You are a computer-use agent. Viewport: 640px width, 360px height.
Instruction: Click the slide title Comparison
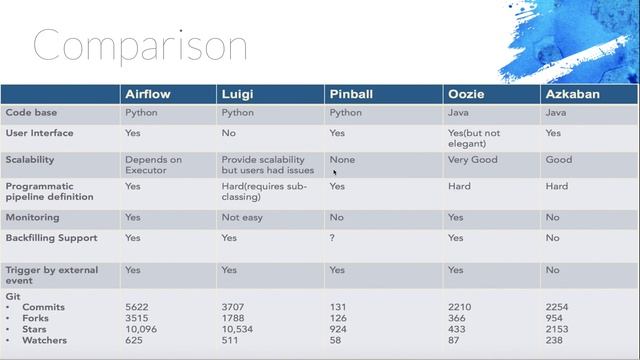click(x=140, y=45)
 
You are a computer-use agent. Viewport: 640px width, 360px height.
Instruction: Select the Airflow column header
click(x=146, y=94)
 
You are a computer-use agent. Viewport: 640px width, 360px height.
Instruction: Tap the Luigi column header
click(x=237, y=94)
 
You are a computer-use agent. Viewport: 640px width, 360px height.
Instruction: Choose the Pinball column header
click(x=351, y=94)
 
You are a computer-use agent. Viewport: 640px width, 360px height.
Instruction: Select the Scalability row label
click(x=30, y=159)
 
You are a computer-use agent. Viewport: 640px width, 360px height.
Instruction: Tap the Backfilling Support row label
click(x=51, y=238)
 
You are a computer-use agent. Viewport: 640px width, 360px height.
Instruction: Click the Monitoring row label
click(x=32, y=217)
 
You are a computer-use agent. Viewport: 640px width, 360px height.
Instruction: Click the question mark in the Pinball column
click(x=333, y=238)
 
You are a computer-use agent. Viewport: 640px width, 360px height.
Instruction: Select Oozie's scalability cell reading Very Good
click(x=473, y=159)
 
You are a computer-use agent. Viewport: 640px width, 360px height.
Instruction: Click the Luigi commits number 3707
click(x=235, y=305)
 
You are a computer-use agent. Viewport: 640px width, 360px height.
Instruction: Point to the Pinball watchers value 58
click(x=336, y=339)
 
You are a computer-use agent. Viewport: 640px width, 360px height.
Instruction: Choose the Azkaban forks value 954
click(x=556, y=316)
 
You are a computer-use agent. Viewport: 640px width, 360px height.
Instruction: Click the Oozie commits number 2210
click(x=459, y=305)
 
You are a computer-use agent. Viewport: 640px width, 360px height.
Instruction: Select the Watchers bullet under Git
click(x=43, y=339)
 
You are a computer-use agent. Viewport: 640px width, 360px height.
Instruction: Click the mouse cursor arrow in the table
click(x=335, y=172)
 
